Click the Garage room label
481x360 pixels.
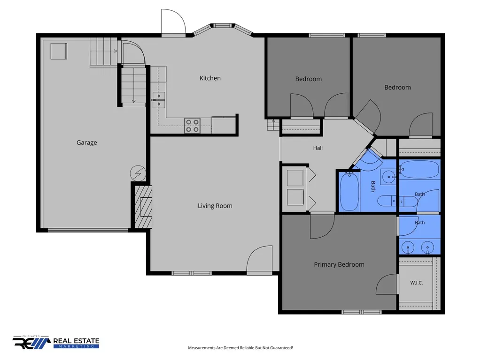click(86, 142)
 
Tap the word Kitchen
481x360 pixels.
click(210, 78)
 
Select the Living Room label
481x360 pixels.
click(215, 206)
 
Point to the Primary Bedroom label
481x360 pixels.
click(339, 264)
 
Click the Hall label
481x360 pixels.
click(318, 148)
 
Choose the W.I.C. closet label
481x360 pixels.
click(417, 283)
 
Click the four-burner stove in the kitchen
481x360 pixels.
click(192, 126)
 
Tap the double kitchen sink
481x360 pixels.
click(159, 100)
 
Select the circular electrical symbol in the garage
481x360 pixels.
click(138, 173)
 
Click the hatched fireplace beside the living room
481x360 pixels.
click(144, 207)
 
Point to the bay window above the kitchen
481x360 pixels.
click(223, 29)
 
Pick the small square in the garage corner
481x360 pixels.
click(59, 51)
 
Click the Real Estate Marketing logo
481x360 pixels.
click(56, 342)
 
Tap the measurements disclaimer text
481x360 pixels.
click(240, 348)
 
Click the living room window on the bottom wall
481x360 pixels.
click(192, 273)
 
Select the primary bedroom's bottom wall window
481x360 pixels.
click(361, 312)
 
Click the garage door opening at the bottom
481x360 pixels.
click(88, 230)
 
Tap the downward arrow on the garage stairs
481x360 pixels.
click(134, 87)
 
